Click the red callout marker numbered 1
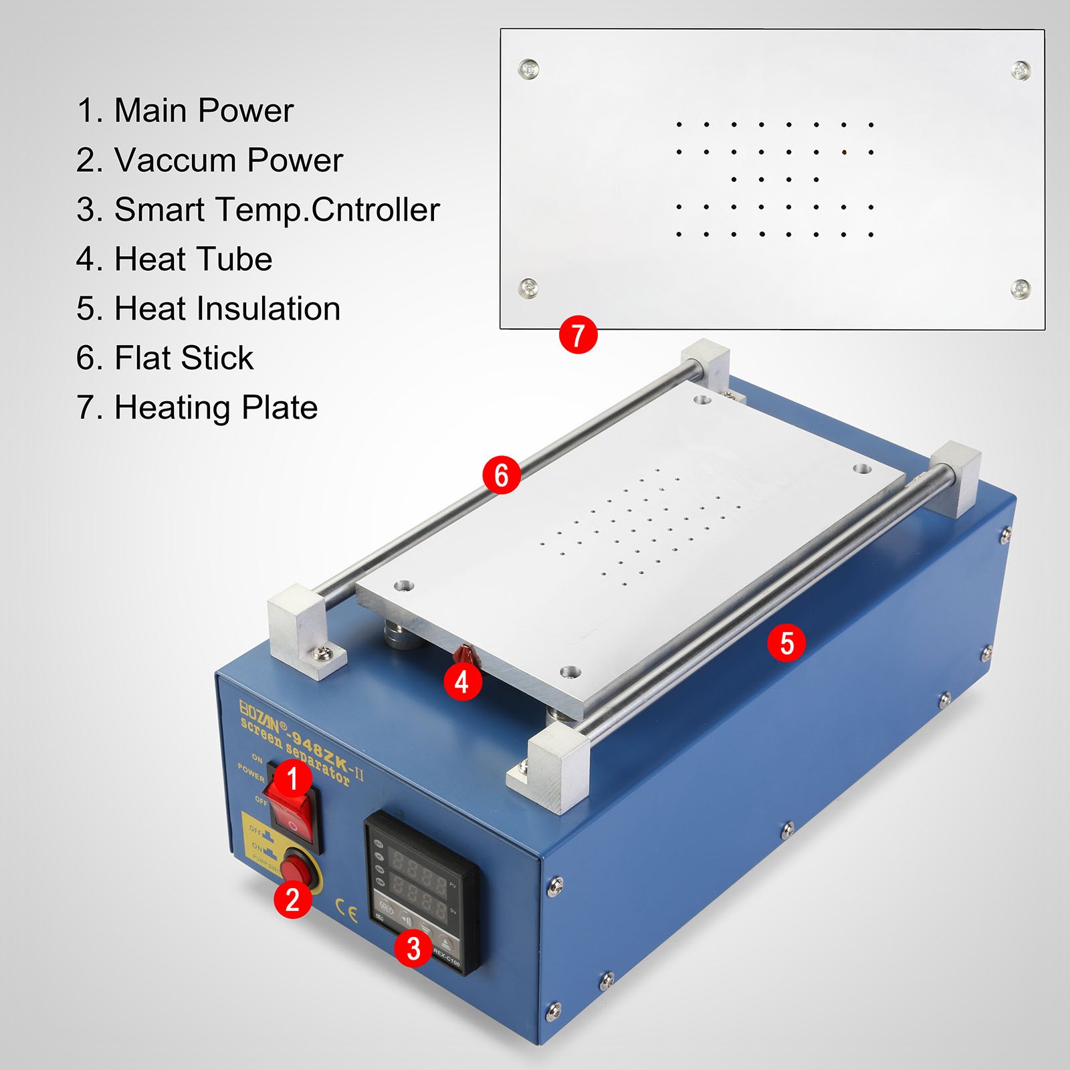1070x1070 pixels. tap(292, 778)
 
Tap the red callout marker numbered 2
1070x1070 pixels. tap(292, 899)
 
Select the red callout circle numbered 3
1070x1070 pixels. tap(413, 948)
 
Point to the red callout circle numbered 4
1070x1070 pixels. tap(462, 682)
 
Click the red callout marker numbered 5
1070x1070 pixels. tap(786, 643)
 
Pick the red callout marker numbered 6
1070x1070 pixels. tap(502, 475)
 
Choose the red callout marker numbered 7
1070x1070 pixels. tap(578, 335)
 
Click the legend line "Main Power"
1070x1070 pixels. tap(185, 110)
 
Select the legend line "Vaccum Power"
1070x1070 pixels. tap(209, 160)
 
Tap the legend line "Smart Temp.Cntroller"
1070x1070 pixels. tap(258, 209)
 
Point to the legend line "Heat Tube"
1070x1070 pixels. tap(174, 259)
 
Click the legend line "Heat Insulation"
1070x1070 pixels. tap(208, 308)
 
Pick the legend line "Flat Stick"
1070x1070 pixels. tap(165, 358)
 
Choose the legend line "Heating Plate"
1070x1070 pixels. tap(197, 407)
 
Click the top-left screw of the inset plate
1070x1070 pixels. tap(528, 68)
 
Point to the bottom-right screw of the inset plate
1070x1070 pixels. tap(1021, 289)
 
